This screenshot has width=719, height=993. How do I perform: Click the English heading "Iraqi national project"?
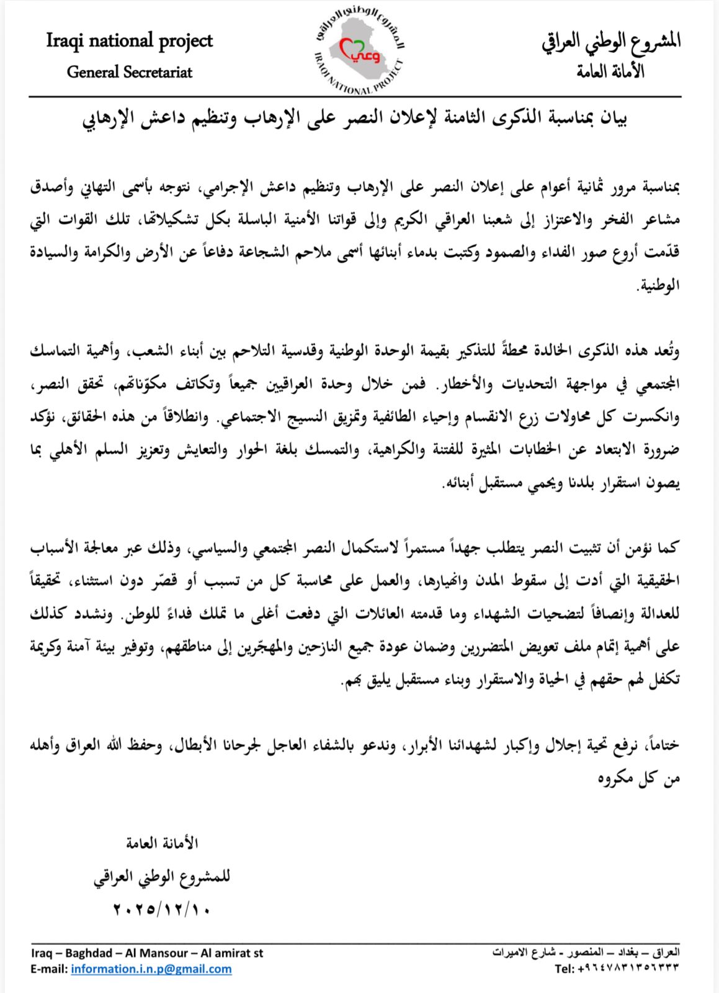coord(129,41)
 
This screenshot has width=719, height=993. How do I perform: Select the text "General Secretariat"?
coord(129,72)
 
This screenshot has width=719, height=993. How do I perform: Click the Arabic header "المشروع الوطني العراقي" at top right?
coord(611,41)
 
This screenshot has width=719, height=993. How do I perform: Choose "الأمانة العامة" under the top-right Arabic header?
coord(610,72)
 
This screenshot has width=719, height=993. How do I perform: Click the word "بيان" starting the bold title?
coord(615,117)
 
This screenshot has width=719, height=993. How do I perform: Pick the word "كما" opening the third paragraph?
coord(669,547)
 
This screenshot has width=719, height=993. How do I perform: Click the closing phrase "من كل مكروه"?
coord(639,778)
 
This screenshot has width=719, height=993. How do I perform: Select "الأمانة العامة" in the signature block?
coord(162,843)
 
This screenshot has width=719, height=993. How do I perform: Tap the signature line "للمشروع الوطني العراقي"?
coord(162,876)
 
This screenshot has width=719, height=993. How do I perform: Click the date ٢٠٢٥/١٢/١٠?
coord(162,910)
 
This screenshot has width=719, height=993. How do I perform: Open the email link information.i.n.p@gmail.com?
coord(151,969)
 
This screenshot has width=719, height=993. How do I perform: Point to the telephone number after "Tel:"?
coord(628,968)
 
